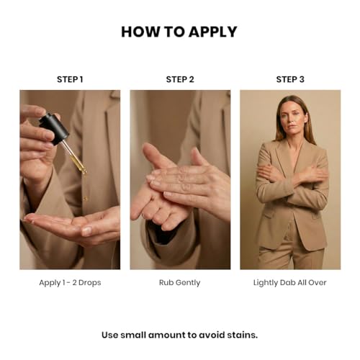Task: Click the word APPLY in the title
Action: [212, 32]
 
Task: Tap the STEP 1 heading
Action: [70, 79]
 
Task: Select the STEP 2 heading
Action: [180, 79]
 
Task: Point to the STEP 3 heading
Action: [290, 79]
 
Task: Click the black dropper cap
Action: [55, 128]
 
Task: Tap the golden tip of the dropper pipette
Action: [84, 170]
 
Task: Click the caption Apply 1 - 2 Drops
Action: [70, 283]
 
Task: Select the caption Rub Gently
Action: [180, 283]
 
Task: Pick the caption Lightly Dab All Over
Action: [290, 283]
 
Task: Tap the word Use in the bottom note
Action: [109, 335]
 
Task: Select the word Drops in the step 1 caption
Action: [90, 283]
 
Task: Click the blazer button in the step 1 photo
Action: [85, 199]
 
